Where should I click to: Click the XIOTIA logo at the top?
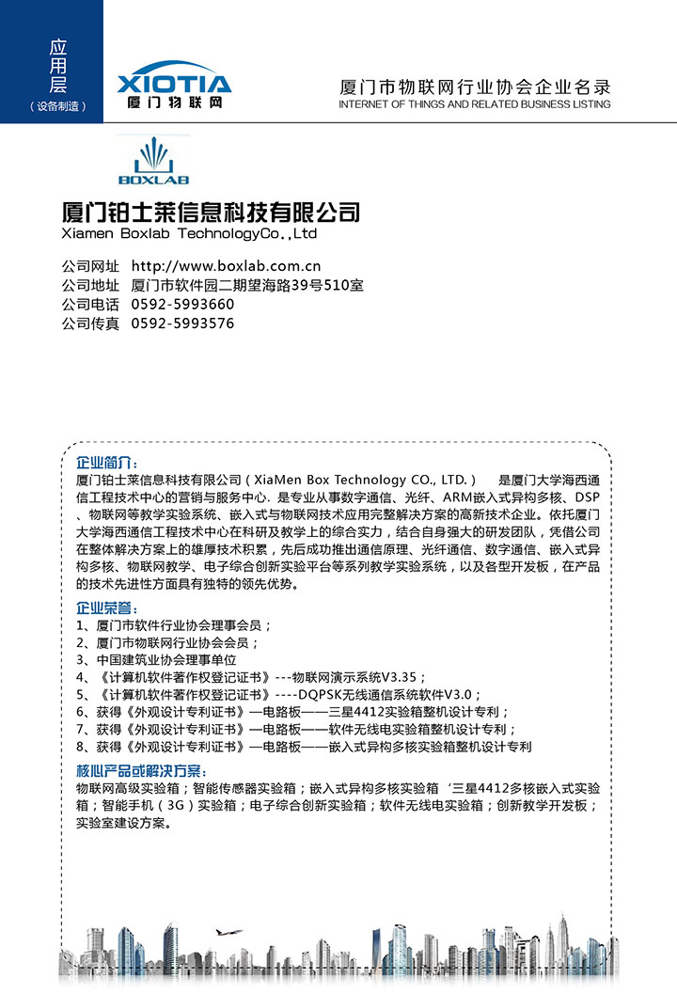coord(174,86)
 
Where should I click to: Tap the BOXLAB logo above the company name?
coord(153,162)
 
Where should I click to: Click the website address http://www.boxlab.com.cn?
coord(226,266)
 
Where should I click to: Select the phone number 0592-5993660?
coord(182,305)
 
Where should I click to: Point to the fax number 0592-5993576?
coord(182,323)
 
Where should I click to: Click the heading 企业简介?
coord(107,464)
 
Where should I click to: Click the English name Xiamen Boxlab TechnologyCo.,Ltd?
coord(189,233)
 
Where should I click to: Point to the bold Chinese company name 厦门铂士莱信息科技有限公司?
coord(210,211)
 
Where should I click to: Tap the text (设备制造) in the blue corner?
coord(58,106)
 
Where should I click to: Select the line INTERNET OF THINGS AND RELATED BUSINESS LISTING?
coord(474,104)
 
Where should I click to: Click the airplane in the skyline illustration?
coord(228,932)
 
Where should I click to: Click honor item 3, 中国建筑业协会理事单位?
coord(160,660)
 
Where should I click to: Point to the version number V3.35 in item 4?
coord(402,677)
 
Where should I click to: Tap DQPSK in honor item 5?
coord(318,695)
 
